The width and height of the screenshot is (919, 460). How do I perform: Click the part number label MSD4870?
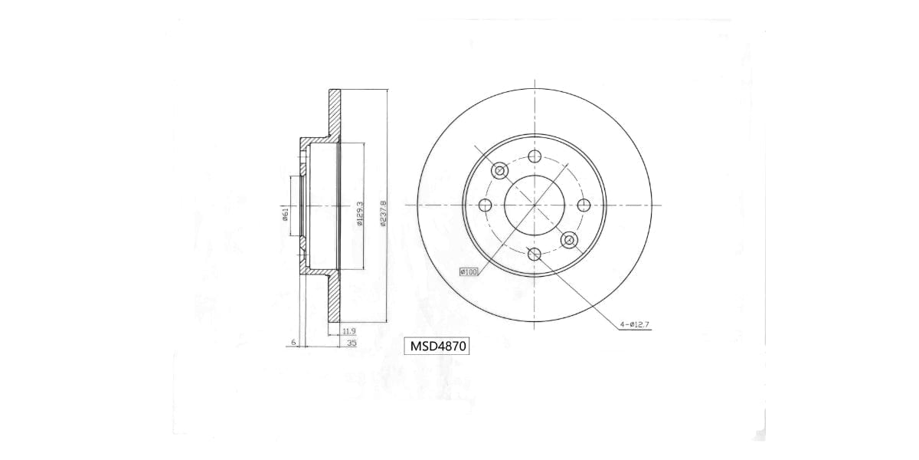[x=436, y=347]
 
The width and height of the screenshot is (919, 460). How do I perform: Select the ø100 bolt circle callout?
[x=468, y=271]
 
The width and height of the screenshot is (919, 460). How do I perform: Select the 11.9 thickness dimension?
[x=348, y=331]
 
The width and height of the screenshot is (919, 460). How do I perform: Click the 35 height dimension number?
[x=352, y=343]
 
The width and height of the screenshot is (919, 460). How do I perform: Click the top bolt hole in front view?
[x=535, y=156]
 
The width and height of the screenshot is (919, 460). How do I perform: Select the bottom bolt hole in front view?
[x=535, y=254]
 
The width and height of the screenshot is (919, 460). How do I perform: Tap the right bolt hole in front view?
[x=583, y=205]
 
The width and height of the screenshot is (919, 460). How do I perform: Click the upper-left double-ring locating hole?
[x=500, y=170]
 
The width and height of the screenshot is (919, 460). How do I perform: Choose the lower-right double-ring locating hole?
[x=568, y=240]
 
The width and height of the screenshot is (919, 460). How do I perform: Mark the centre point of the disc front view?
[x=535, y=205]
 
